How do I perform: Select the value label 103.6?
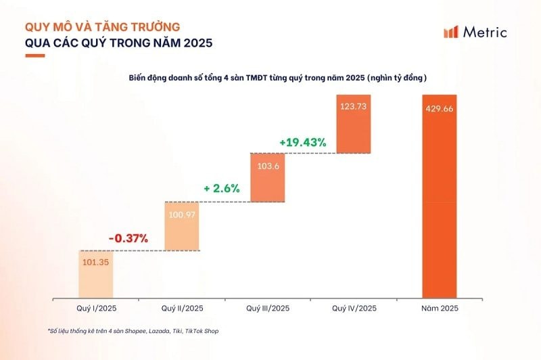tap(267, 164)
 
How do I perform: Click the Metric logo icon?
tap(451, 32)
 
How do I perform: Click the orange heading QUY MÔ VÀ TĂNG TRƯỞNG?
tap(103, 27)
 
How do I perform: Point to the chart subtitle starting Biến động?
tap(277, 78)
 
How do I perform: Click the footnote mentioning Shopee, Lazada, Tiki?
tap(133, 331)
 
